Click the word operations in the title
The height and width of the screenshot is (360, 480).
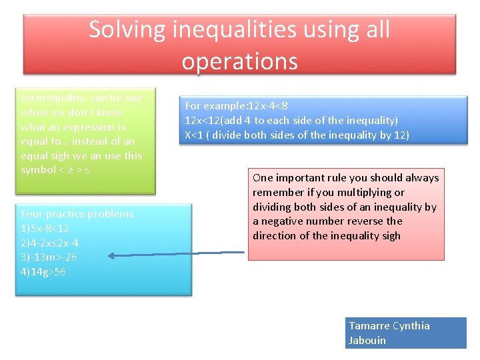[239, 61]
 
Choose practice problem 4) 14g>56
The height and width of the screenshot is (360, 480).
[43, 271]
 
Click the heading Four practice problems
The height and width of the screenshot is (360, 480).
[77, 214]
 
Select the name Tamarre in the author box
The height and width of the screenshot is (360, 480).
[369, 326]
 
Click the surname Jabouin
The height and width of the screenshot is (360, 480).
[367, 340]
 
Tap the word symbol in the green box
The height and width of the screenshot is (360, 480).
[39, 169]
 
